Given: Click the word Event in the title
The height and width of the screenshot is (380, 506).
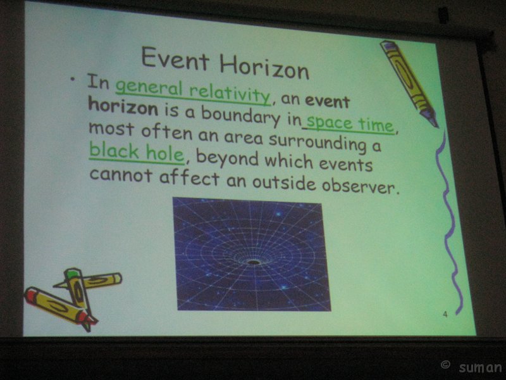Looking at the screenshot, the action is click(x=175, y=58).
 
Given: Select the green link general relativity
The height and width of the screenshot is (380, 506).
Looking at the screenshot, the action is click(x=193, y=91).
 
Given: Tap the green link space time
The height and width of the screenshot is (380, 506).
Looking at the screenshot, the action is click(x=350, y=123).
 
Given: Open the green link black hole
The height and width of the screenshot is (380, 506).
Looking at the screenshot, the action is click(x=137, y=152).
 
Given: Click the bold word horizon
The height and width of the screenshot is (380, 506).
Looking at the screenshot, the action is click(x=123, y=106).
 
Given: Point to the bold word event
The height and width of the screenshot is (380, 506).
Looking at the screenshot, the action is click(x=328, y=101).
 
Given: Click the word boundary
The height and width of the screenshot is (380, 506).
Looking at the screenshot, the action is click(x=241, y=116).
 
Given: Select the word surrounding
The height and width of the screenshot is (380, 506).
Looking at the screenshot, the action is click(x=318, y=142).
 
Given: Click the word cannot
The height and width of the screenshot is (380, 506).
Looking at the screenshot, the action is click(x=121, y=175).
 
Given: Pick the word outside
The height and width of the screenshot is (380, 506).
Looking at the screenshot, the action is click(x=284, y=182).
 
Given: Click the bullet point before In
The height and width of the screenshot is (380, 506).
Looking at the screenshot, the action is click(x=72, y=79).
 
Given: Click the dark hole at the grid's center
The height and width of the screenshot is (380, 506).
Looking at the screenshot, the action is click(x=254, y=262).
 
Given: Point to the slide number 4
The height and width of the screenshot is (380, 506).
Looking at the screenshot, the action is click(x=445, y=313).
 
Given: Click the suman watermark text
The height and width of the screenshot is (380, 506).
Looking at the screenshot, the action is click(x=480, y=368).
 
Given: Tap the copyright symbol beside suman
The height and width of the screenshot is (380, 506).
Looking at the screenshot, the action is click(x=445, y=365).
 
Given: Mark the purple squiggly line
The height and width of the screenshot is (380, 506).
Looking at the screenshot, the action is click(x=449, y=223).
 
